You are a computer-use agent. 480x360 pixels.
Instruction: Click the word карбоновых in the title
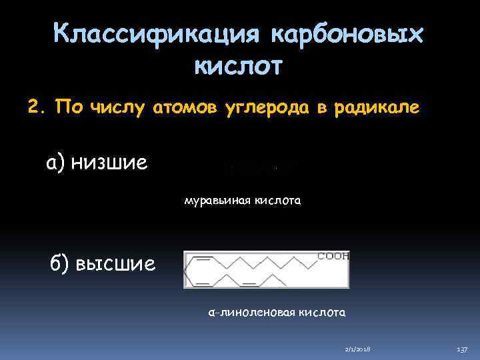[x=345, y=33]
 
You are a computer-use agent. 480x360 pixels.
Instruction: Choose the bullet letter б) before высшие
[x=57, y=263]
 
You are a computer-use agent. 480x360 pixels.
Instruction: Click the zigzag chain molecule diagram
[x=260, y=270]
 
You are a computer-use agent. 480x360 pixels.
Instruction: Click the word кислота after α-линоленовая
[x=321, y=311]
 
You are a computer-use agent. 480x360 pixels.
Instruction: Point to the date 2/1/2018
[x=359, y=349]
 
